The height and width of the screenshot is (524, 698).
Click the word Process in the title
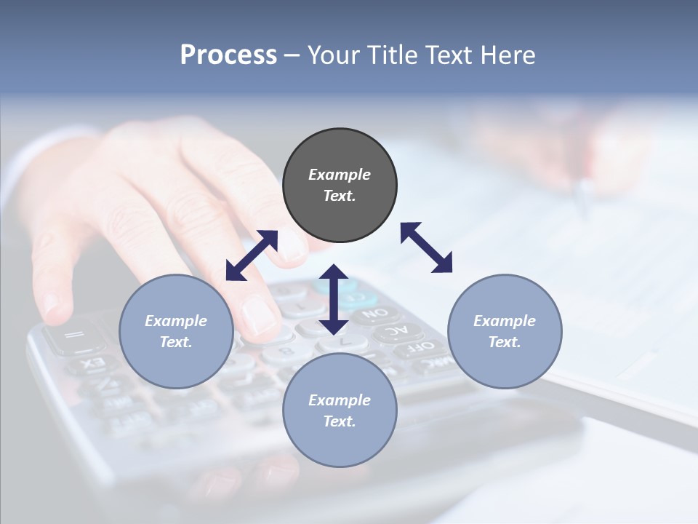pyautogui.click(x=228, y=55)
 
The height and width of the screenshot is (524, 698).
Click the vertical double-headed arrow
pyautogui.click(x=334, y=299)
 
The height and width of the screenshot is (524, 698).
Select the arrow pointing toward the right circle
pyautogui.click(x=427, y=247)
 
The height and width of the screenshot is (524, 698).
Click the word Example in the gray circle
pyautogui.click(x=340, y=175)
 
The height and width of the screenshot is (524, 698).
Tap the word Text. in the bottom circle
pyautogui.click(x=340, y=421)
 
